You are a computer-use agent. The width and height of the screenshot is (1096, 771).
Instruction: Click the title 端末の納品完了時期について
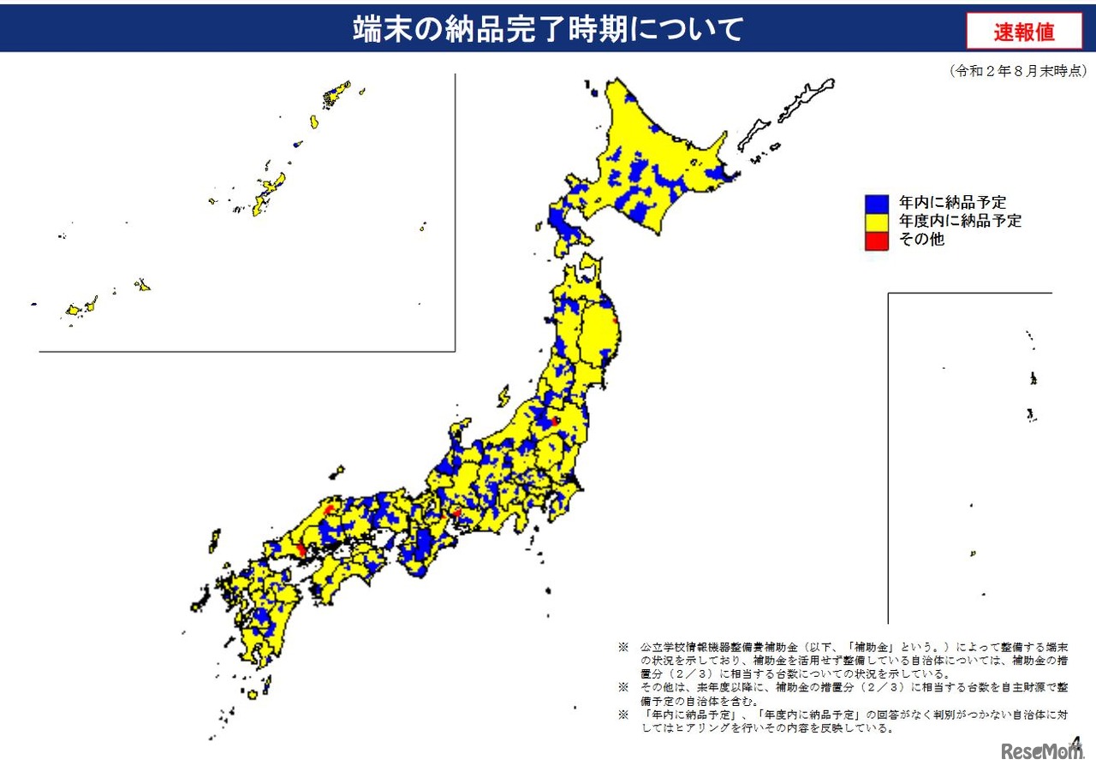click(548, 29)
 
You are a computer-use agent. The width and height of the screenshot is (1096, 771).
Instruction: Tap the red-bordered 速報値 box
click(1024, 32)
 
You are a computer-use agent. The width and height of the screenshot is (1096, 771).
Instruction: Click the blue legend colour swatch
click(876, 204)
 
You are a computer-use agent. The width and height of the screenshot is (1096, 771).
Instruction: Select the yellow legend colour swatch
click(876, 222)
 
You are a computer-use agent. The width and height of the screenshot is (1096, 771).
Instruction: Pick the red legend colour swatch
click(876, 240)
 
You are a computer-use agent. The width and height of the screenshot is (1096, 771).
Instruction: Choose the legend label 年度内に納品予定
click(960, 222)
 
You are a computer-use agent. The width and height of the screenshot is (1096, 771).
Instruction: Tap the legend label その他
click(921, 240)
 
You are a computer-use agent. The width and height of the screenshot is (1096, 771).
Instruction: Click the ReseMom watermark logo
click(1042, 751)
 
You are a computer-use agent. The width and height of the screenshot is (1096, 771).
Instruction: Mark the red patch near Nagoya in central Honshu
click(456, 513)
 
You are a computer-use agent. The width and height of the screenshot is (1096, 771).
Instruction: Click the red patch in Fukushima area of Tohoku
click(554, 421)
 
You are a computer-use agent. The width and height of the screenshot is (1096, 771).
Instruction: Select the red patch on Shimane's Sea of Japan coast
click(330, 511)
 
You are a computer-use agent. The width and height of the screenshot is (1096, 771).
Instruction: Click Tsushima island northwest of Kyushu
click(213, 541)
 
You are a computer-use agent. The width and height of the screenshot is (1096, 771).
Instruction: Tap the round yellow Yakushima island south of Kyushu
click(253, 695)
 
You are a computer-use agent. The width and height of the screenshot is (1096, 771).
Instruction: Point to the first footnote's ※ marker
click(622, 648)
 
